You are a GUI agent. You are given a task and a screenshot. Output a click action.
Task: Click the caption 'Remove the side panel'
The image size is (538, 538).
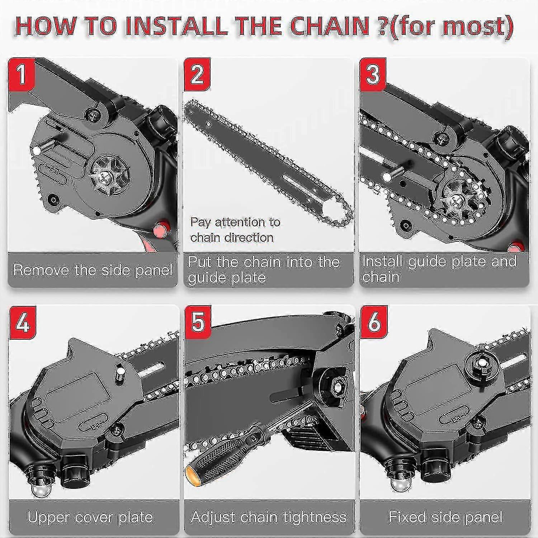point(93,270)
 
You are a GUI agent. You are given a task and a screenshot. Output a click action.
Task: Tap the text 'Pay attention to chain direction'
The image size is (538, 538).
point(235,230)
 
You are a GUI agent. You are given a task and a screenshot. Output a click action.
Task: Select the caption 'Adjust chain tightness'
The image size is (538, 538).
point(269,517)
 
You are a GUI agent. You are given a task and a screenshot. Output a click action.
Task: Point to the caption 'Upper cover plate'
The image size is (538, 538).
point(90,517)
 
